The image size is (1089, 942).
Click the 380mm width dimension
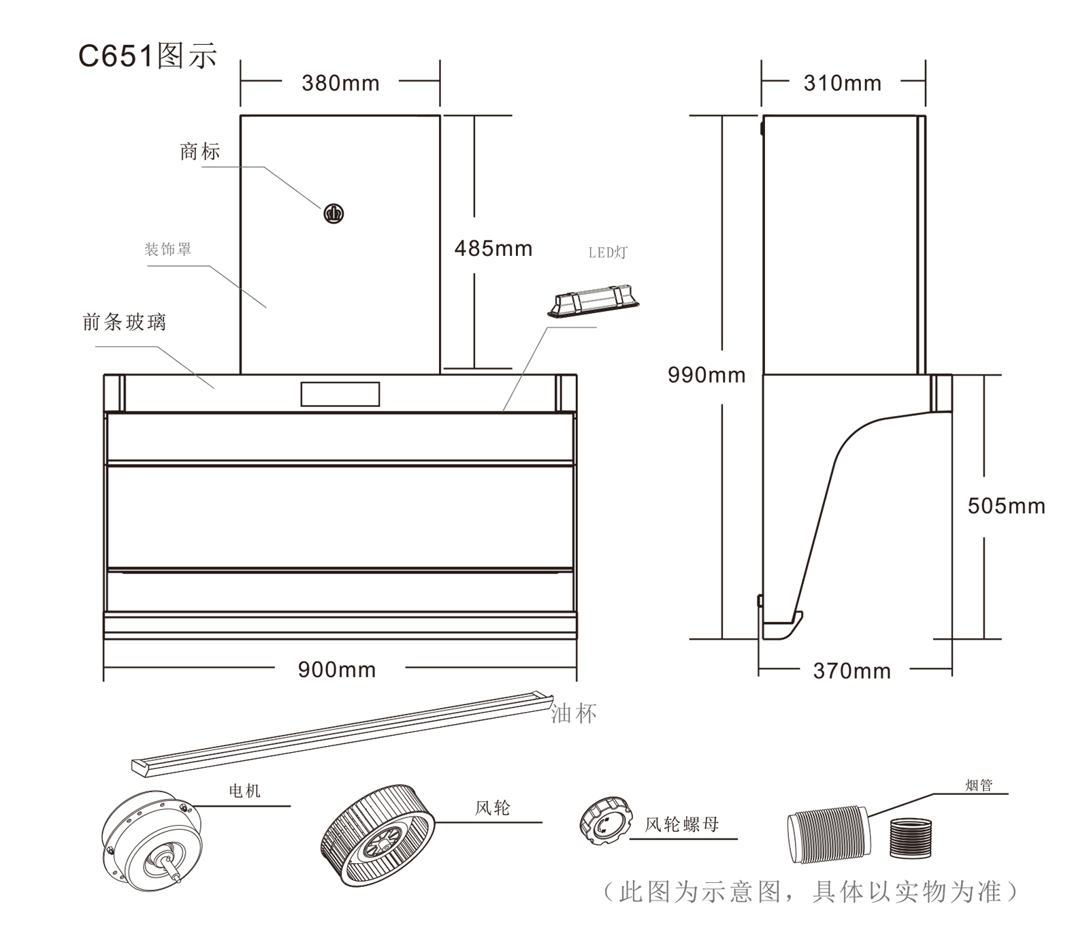click(340, 83)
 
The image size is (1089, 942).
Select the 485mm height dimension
click(493, 248)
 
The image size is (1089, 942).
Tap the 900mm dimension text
click(337, 670)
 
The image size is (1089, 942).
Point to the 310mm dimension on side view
click(843, 83)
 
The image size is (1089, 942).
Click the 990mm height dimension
click(706, 375)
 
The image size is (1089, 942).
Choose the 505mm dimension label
click(1007, 506)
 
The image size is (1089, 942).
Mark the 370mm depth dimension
click(852, 671)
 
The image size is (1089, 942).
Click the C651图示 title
click(148, 56)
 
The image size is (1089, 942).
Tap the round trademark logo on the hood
click(334, 214)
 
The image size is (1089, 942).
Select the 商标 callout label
click(200, 151)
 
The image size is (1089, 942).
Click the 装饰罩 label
click(168, 249)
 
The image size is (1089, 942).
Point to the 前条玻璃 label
click(125, 322)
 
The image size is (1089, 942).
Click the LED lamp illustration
click(594, 302)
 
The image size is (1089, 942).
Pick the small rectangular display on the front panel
click(340, 394)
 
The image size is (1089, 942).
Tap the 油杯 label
click(574, 713)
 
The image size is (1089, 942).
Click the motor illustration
click(152, 839)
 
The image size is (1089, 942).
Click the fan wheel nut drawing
click(605, 821)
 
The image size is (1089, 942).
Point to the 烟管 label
click(979, 785)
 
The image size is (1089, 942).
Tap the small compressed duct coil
click(910, 839)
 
